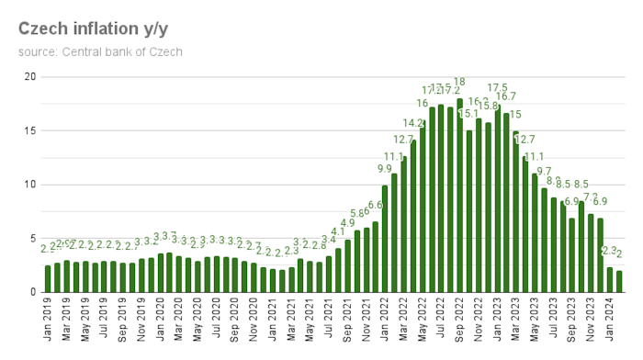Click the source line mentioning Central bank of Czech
coord(100,51)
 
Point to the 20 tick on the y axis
coord(29,77)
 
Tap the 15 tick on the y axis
coord(29,130)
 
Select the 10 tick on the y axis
coord(29,185)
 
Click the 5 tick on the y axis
coord(32,239)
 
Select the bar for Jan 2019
coord(48,279)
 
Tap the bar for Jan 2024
coord(610,280)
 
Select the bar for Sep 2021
coord(347,266)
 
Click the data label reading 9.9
coord(385,169)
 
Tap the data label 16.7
coord(506,96)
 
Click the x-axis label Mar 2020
coord(179,321)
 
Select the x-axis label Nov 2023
coord(592,321)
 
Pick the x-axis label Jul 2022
coord(441,321)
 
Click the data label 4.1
coord(338,232)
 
